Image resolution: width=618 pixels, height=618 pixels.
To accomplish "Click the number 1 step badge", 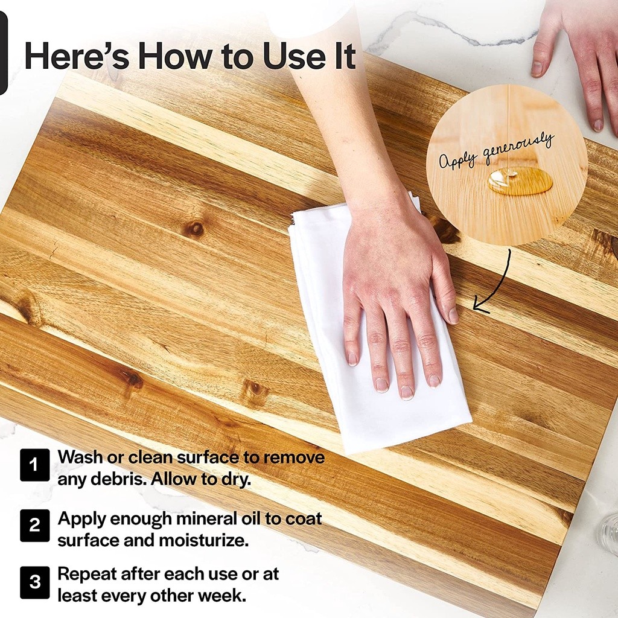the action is [34, 465].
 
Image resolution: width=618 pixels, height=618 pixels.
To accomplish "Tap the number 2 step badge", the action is [34, 526].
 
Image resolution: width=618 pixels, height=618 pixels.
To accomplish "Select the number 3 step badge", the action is [34, 582].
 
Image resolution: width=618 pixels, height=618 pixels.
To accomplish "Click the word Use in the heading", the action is [292, 56].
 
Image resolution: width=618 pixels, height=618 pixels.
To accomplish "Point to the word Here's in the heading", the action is [77, 56].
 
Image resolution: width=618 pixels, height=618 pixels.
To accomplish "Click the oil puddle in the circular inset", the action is [520, 180].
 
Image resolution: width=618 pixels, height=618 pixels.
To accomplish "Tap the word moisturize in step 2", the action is [204, 540].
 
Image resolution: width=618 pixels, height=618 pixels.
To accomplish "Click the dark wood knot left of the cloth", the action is [194, 229].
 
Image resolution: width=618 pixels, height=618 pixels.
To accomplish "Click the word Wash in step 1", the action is [80, 457].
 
